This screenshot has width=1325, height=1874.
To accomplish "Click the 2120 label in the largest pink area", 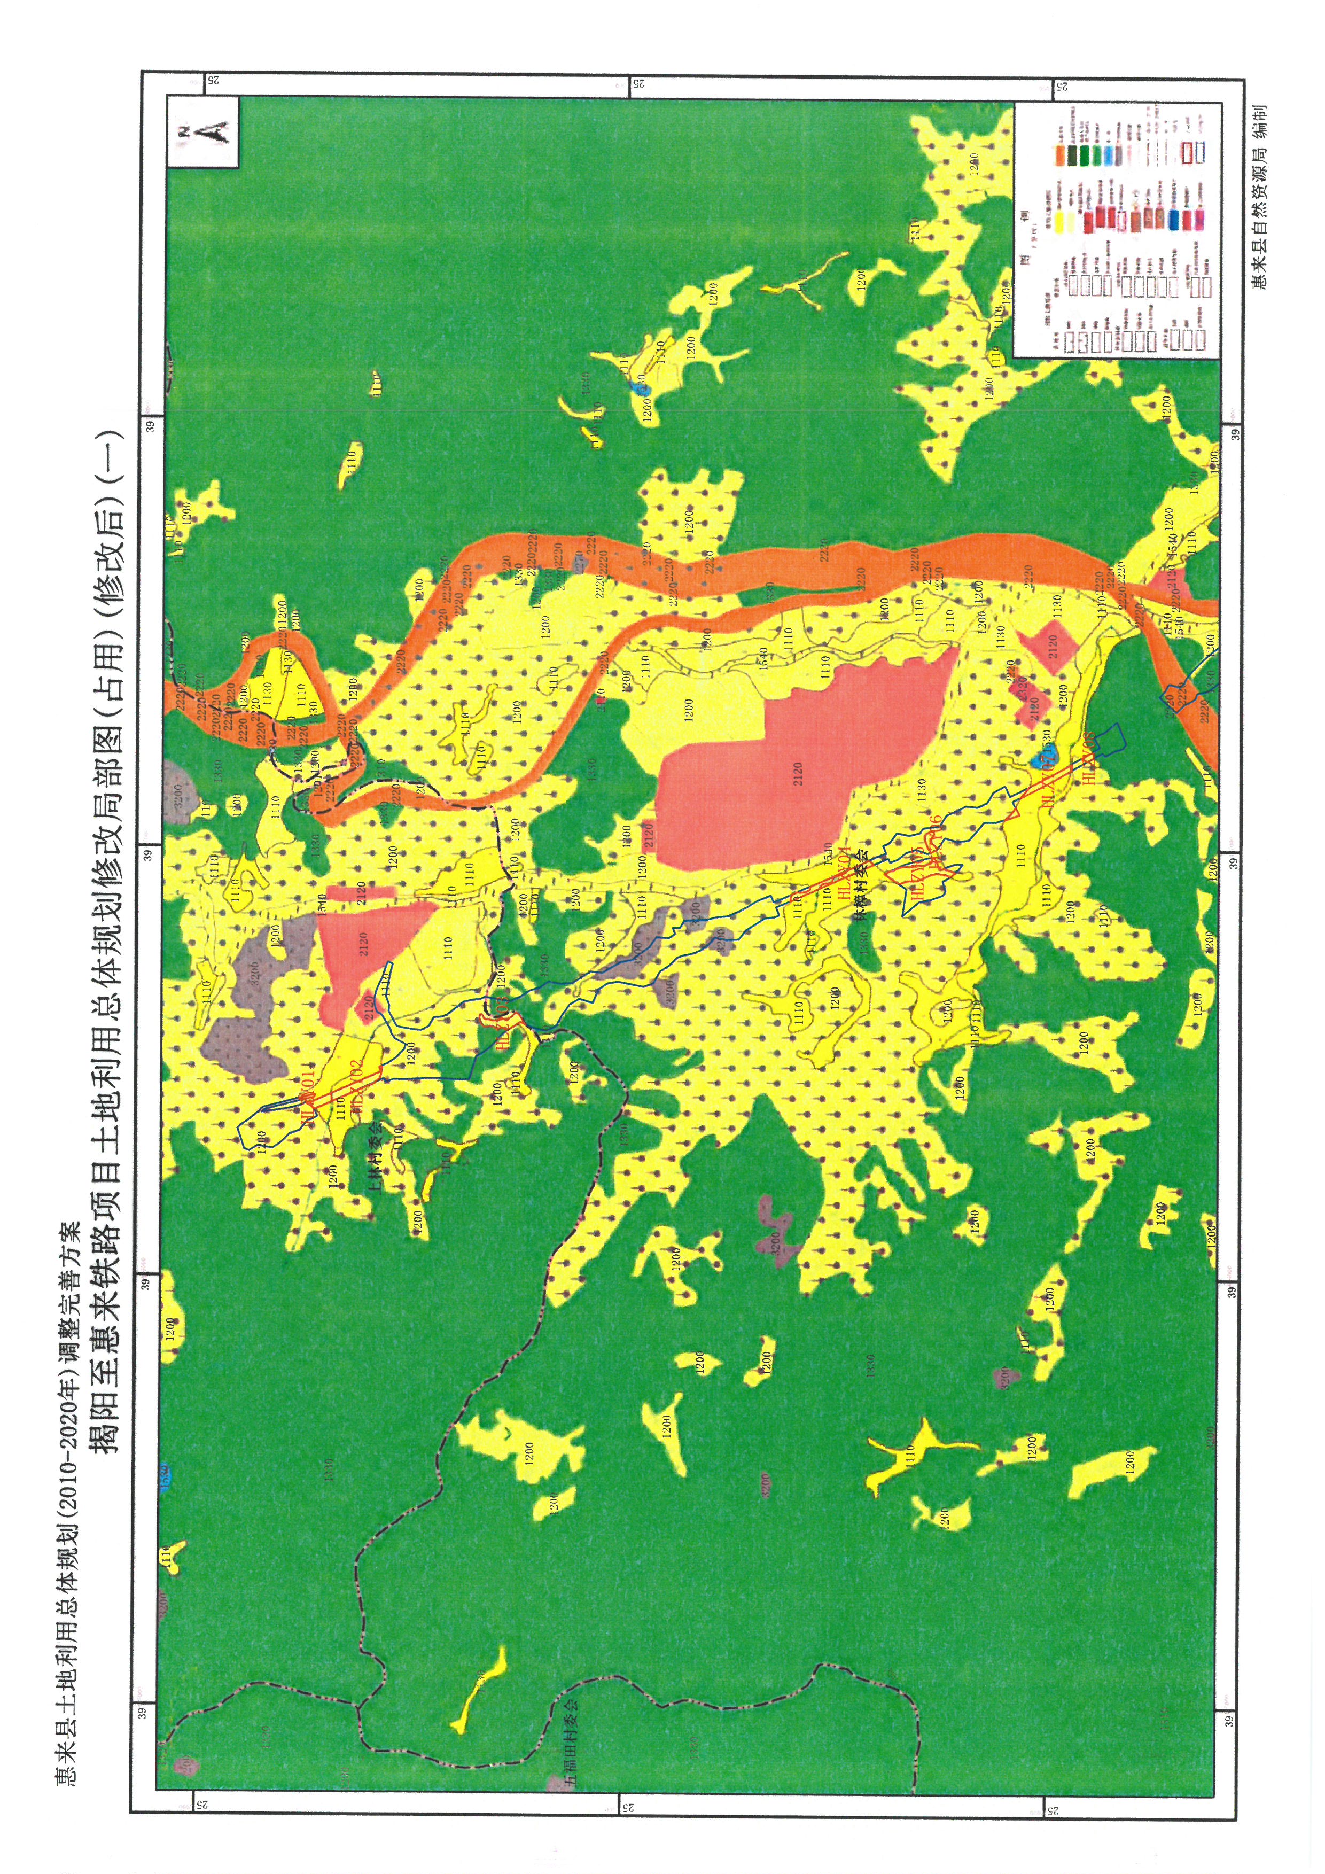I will click(796, 771).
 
